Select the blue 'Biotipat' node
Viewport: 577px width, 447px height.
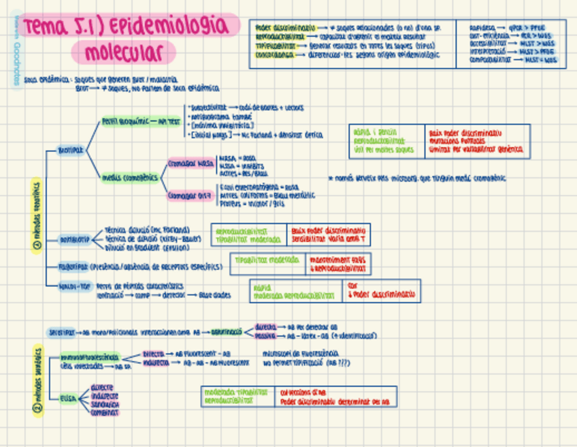[x=71, y=149]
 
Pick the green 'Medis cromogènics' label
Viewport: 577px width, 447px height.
[x=130, y=177]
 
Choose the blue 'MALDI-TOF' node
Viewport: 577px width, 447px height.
[x=75, y=286]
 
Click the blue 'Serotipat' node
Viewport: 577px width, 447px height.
[x=62, y=333]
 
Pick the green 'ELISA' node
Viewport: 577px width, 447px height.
[x=67, y=398]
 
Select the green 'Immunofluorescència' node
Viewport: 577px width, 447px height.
[x=89, y=357]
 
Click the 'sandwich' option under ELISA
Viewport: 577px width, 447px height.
[x=104, y=404]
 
